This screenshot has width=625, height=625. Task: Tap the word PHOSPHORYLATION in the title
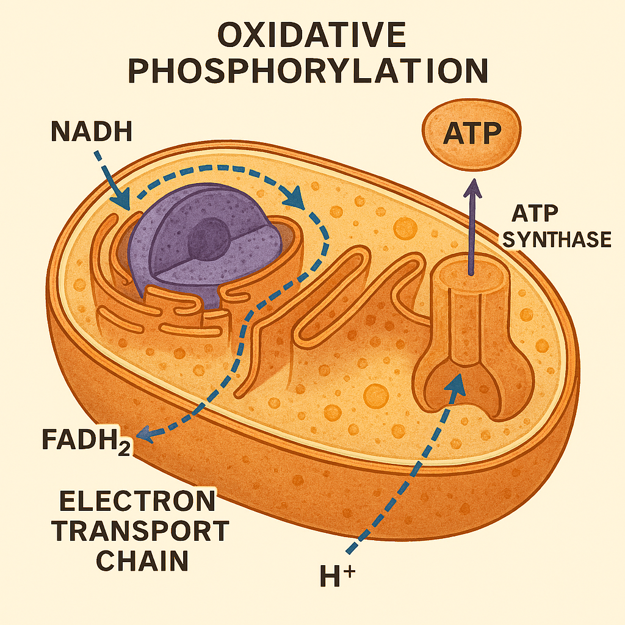(310, 71)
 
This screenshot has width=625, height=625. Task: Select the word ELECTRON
(137, 502)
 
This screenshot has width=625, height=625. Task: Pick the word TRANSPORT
(140, 532)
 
